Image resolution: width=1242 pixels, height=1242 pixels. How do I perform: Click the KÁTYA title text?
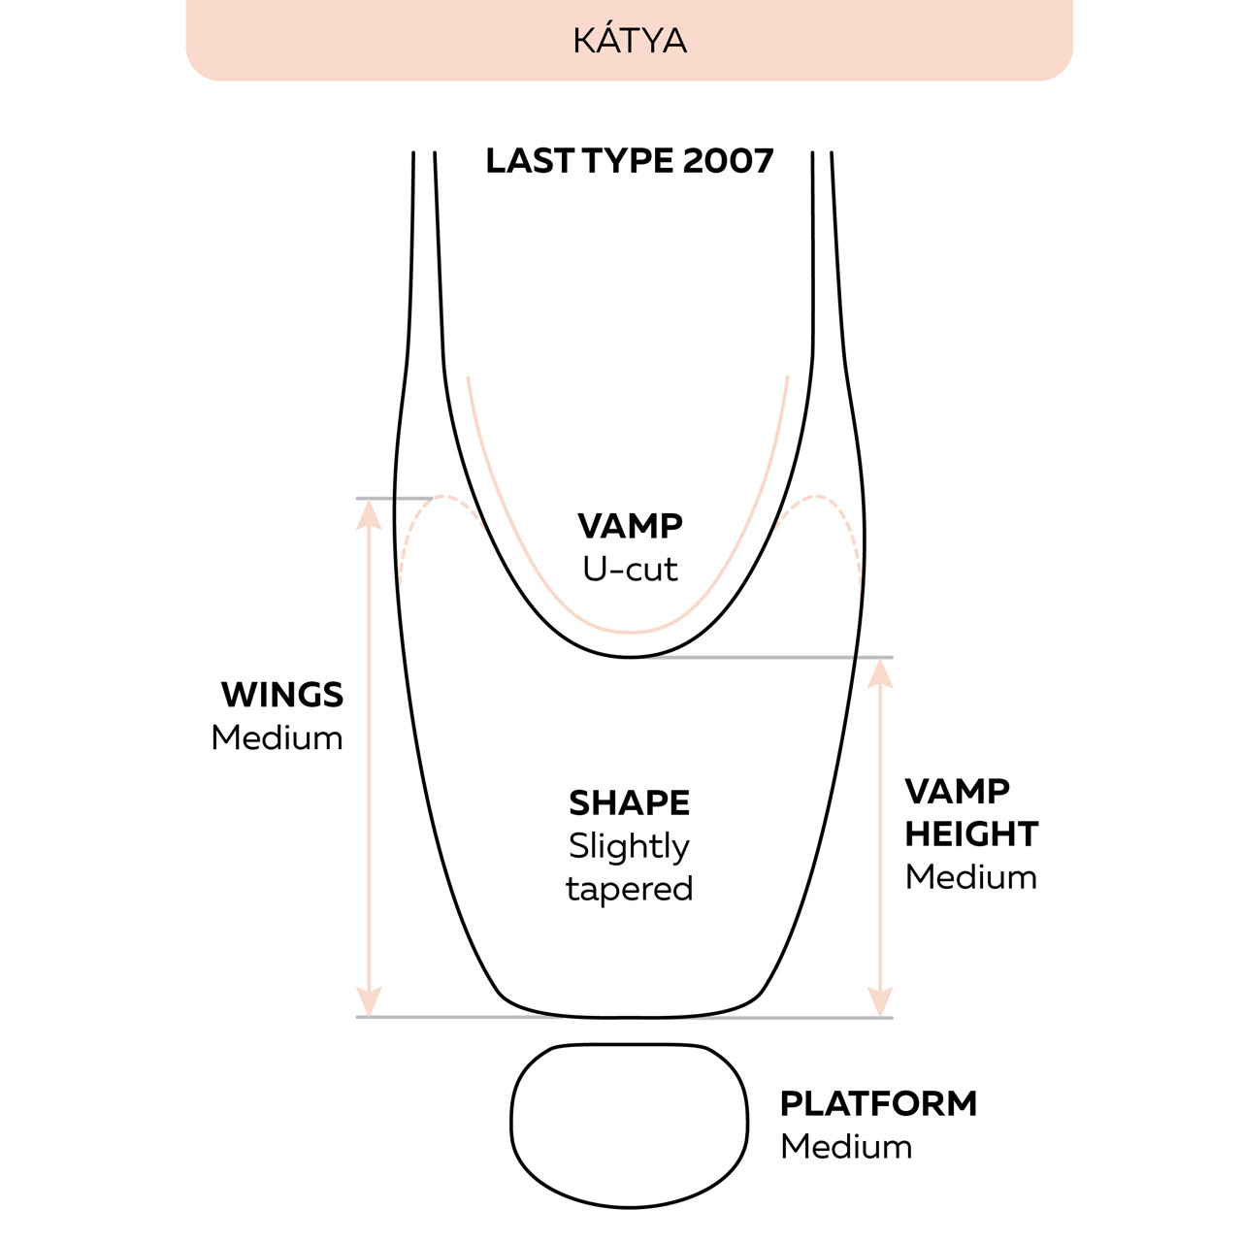(630, 41)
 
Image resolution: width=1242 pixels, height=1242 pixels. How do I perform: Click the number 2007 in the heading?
(729, 161)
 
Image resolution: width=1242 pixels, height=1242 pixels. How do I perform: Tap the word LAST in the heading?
(530, 161)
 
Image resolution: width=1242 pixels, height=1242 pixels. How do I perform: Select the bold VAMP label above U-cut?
(630, 526)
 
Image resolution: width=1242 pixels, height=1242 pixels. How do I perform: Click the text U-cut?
(630, 569)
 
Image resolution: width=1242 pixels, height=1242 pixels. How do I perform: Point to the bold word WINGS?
(282, 695)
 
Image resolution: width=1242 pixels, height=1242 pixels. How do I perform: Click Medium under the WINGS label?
(278, 737)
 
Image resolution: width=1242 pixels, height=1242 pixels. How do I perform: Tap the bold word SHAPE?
(630, 803)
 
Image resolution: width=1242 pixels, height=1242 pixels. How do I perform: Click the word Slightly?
(629, 847)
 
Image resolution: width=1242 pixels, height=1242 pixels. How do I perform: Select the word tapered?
(630, 889)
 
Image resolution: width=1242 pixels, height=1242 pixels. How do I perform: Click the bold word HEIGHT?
(971, 834)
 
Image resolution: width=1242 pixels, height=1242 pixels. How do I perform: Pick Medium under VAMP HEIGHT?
(971, 877)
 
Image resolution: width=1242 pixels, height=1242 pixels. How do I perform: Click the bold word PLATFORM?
(878, 1104)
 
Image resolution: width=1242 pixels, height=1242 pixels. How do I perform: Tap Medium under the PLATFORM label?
(846, 1147)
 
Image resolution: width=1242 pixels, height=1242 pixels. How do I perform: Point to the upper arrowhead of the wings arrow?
(369, 514)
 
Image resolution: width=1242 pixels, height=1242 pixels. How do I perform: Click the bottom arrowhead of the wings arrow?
(369, 1002)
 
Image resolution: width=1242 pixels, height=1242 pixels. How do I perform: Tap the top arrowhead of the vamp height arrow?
(880, 672)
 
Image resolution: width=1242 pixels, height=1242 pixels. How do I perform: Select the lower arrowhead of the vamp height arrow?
(880, 1002)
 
